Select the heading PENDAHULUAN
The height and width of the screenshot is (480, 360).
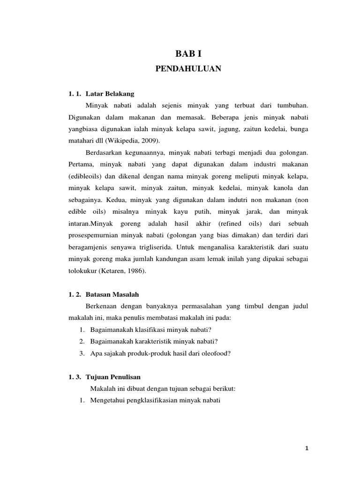(188, 69)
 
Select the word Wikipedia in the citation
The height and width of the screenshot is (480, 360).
(124, 140)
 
